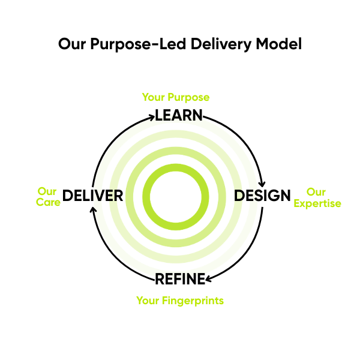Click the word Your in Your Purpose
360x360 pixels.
point(152,97)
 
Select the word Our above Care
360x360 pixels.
point(47,191)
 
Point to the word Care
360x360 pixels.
point(48,203)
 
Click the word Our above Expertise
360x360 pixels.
point(316,192)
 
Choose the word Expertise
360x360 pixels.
point(317,203)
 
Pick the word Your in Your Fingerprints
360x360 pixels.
point(148,301)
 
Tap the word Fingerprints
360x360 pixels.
point(193,301)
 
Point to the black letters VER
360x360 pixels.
point(107,196)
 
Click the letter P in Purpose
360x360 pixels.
point(170,97)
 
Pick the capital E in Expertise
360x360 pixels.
point(296,203)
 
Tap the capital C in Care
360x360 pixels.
point(40,203)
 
